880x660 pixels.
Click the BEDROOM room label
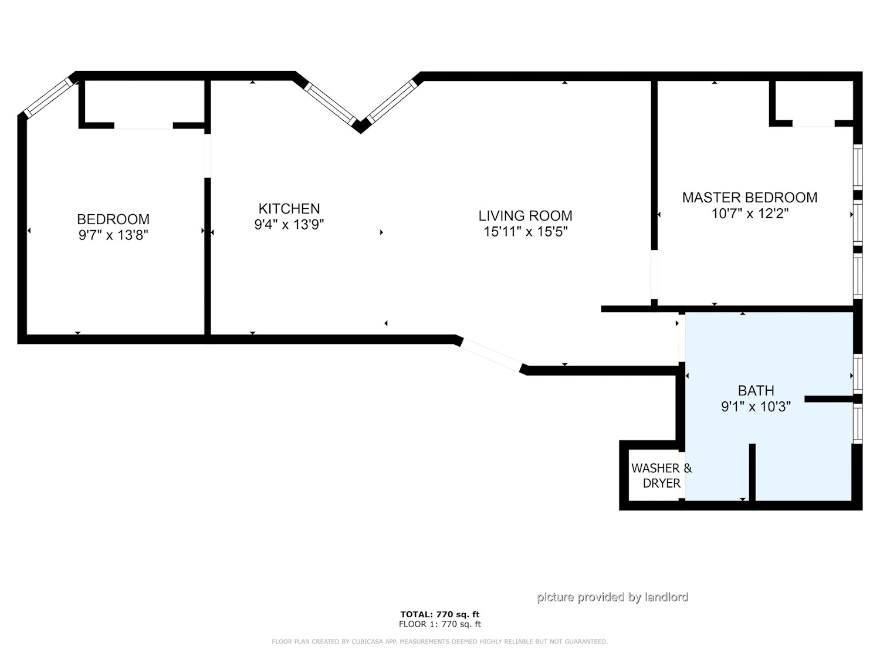(113, 219)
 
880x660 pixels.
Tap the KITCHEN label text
(289, 209)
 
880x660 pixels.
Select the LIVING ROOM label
(525, 216)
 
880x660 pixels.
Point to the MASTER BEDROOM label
(750, 198)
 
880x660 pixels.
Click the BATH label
(756, 391)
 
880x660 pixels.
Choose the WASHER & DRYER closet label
(662, 476)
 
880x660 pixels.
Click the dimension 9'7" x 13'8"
(113, 235)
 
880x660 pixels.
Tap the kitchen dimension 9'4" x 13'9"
(289, 225)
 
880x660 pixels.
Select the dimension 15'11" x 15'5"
(525, 232)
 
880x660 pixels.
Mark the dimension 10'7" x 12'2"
(750, 214)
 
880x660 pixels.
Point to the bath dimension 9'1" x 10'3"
(756, 407)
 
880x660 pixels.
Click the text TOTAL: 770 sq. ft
(440, 614)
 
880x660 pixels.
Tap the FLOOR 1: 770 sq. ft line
(440, 624)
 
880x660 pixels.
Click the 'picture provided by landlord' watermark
(612, 597)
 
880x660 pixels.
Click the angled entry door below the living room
(492, 355)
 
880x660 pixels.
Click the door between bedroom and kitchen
(207, 155)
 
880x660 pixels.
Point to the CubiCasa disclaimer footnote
(440, 642)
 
